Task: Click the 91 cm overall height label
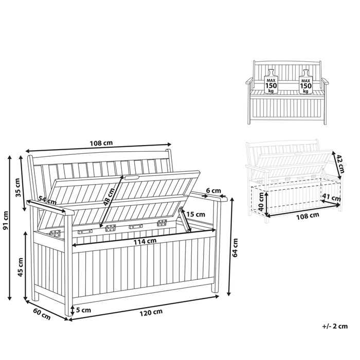[6, 220]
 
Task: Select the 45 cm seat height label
[20, 267]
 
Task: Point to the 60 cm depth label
[42, 314]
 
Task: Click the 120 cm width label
[151, 312]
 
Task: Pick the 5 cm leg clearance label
[83, 310]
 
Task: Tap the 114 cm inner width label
[145, 241]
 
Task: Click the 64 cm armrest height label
[235, 248]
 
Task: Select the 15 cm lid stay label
[195, 214]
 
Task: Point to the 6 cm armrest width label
[213, 190]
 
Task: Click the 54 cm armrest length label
[47, 200]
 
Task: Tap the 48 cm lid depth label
[109, 196]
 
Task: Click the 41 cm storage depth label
[331, 197]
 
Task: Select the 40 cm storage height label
[261, 202]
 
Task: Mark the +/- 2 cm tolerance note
[335, 326]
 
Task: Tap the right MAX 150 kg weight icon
[306, 82]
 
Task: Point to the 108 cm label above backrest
[101, 143]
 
